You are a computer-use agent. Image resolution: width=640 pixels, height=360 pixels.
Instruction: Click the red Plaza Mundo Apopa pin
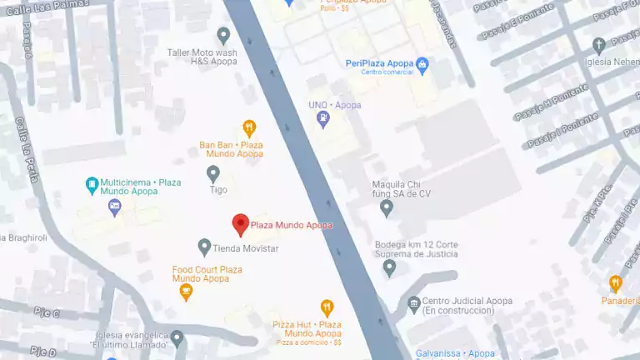pos(240,224)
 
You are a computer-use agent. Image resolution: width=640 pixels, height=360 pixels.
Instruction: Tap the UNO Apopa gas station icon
pos(323,120)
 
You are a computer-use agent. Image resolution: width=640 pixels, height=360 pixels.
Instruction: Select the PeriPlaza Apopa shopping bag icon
pos(422,63)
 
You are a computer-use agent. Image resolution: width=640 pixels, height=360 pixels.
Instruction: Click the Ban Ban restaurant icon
pos(248,128)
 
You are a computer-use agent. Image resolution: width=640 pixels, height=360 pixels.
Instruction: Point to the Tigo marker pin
pos(213,173)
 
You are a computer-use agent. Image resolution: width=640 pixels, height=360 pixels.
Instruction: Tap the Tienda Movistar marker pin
pos(204,247)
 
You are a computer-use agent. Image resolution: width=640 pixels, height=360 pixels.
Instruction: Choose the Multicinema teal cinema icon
pos(91,183)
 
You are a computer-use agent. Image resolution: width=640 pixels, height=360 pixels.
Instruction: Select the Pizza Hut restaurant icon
pos(327,307)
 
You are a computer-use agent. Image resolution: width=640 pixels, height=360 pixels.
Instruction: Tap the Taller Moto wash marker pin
pos(223,35)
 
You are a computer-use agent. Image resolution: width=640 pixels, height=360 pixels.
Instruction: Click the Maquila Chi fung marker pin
pos(386,207)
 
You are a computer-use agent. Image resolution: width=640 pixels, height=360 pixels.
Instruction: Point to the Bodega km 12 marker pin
pos(389,267)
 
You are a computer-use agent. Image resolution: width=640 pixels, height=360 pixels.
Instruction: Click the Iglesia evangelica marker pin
pos(177,338)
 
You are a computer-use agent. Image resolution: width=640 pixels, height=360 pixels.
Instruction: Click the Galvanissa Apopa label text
pos(455,353)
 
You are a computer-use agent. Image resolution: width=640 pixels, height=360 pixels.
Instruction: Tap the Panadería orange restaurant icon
pos(615,283)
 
